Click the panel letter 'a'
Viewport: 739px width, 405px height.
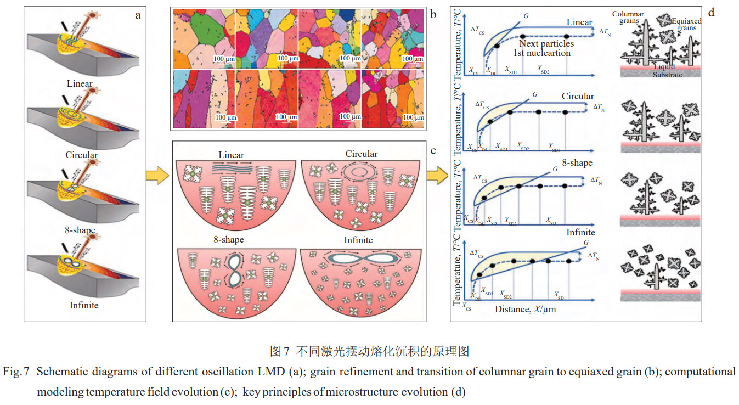click(x=138, y=15)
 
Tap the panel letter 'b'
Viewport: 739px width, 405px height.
click(x=433, y=14)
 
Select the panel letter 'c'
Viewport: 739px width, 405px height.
click(x=433, y=150)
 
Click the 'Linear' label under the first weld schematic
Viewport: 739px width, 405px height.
click(x=80, y=84)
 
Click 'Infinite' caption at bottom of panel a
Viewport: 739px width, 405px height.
click(x=84, y=305)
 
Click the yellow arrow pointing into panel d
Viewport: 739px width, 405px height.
click(x=437, y=177)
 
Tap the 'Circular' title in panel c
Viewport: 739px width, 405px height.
click(x=361, y=154)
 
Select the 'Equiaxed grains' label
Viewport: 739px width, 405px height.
click(x=684, y=24)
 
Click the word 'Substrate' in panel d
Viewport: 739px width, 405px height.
click(x=667, y=75)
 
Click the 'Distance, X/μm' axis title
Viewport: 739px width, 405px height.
click(x=525, y=309)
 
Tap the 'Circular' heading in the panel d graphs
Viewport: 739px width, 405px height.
click(x=577, y=97)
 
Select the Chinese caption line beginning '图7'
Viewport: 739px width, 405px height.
click(x=369, y=351)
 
